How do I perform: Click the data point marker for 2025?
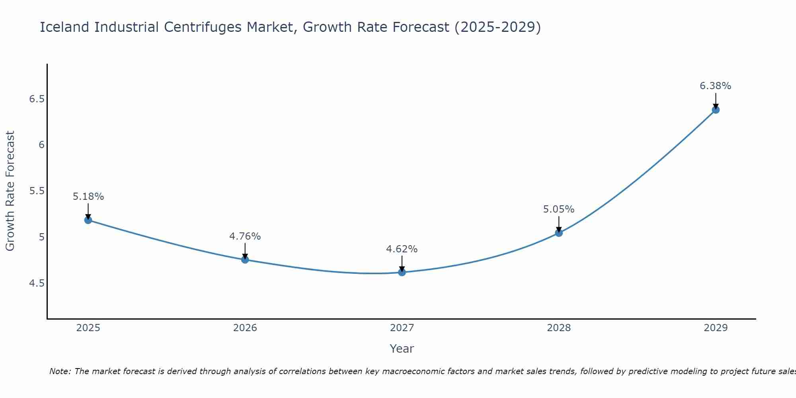coord(88,220)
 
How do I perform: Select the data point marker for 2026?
coord(245,259)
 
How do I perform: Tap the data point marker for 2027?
coord(402,272)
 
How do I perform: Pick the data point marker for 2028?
coord(559,233)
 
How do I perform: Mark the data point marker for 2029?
coord(716,110)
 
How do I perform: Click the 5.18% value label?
coord(88,197)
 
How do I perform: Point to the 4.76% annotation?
coord(245,236)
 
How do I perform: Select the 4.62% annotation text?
coord(402,249)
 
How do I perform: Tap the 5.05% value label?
coord(559,209)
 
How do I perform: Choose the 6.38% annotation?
coord(716,86)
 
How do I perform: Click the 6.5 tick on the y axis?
coord(37,99)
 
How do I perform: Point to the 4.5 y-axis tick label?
coord(37,283)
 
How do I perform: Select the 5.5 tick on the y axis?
coord(37,191)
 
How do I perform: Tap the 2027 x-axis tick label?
coord(402,328)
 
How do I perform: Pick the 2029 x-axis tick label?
coord(716,328)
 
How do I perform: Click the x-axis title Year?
coord(402,349)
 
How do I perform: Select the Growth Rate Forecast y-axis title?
coord(10,191)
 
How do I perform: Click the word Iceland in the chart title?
coord(65,27)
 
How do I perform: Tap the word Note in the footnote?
coord(60,371)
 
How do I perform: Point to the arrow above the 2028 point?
coord(559,224)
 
